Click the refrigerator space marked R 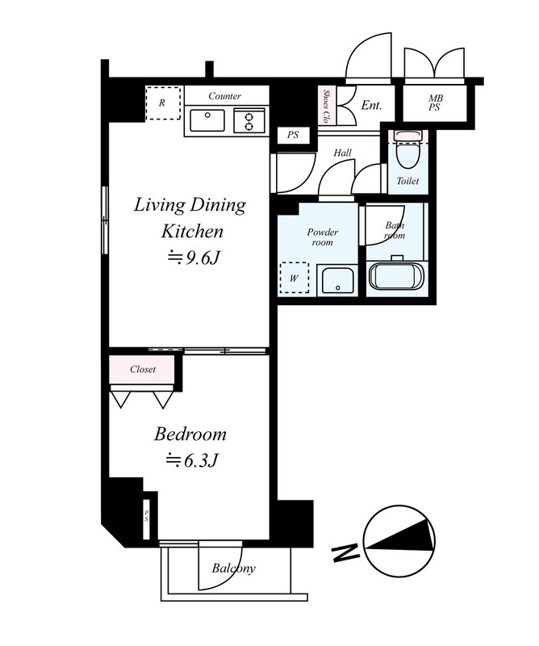[x=163, y=103]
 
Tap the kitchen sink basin [x=207, y=120]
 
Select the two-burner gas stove [x=249, y=120]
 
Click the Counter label [x=224, y=96]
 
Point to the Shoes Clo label [x=327, y=107]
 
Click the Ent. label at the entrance [x=371, y=106]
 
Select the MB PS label [x=435, y=103]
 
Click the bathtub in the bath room [x=396, y=277]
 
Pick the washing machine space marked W [x=294, y=278]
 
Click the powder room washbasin [x=338, y=280]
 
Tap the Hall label [x=343, y=153]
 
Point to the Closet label [x=143, y=369]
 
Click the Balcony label [x=233, y=568]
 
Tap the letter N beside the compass [x=346, y=552]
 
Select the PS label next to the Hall [x=293, y=135]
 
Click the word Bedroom [x=190, y=434]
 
